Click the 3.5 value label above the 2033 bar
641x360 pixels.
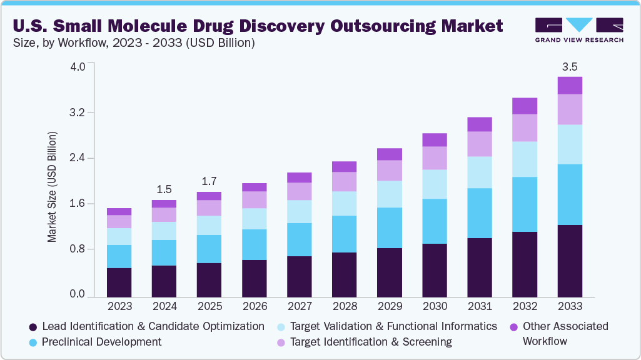pyautogui.click(x=570, y=67)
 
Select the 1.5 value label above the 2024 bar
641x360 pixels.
pyautogui.click(x=164, y=189)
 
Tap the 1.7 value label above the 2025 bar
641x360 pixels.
pyautogui.click(x=209, y=182)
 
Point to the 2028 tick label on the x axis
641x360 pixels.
pyautogui.click(x=345, y=306)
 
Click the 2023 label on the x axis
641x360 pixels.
pyautogui.click(x=119, y=306)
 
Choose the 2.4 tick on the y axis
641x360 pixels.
pyautogui.click(x=78, y=158)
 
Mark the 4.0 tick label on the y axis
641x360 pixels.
pyautogui.click(x=78, y=67)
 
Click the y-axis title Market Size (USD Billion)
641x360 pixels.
pyautogui.click(x=53, y=187)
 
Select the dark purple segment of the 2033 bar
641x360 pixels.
pyautogui.click(x=570, y=260)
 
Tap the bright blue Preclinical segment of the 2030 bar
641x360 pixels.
pyautogui.click(x=435, y=221)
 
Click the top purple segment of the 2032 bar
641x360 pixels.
pyautogui.click(x=525, y=106)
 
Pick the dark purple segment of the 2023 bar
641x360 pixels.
pyautogui.click(x=119, y=281)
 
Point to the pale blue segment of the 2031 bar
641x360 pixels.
pyautogui.click(x=480, y=172)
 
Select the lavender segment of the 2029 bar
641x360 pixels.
pyautogui.click(x=390, y=170)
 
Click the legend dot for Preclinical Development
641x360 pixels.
pyautogui.click(x=32, y=342)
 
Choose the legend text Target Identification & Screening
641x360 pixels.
pyautogui.click(x=371, y=342)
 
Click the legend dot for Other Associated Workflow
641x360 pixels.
pyautogui.click(x=513, y=327)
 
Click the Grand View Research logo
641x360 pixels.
pyautogui.click(x=578, y=29)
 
